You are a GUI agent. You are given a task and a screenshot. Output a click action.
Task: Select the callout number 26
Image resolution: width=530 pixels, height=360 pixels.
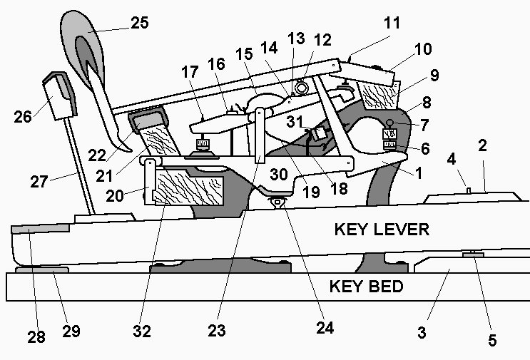tap(24, 115)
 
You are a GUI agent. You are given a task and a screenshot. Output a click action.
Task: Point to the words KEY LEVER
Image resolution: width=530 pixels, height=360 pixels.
tap(382, 230)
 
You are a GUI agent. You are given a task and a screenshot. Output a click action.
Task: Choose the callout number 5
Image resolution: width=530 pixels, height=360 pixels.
tap(491, 341)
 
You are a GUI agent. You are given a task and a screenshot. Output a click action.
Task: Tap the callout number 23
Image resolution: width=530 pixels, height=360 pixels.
tap(216, 331)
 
